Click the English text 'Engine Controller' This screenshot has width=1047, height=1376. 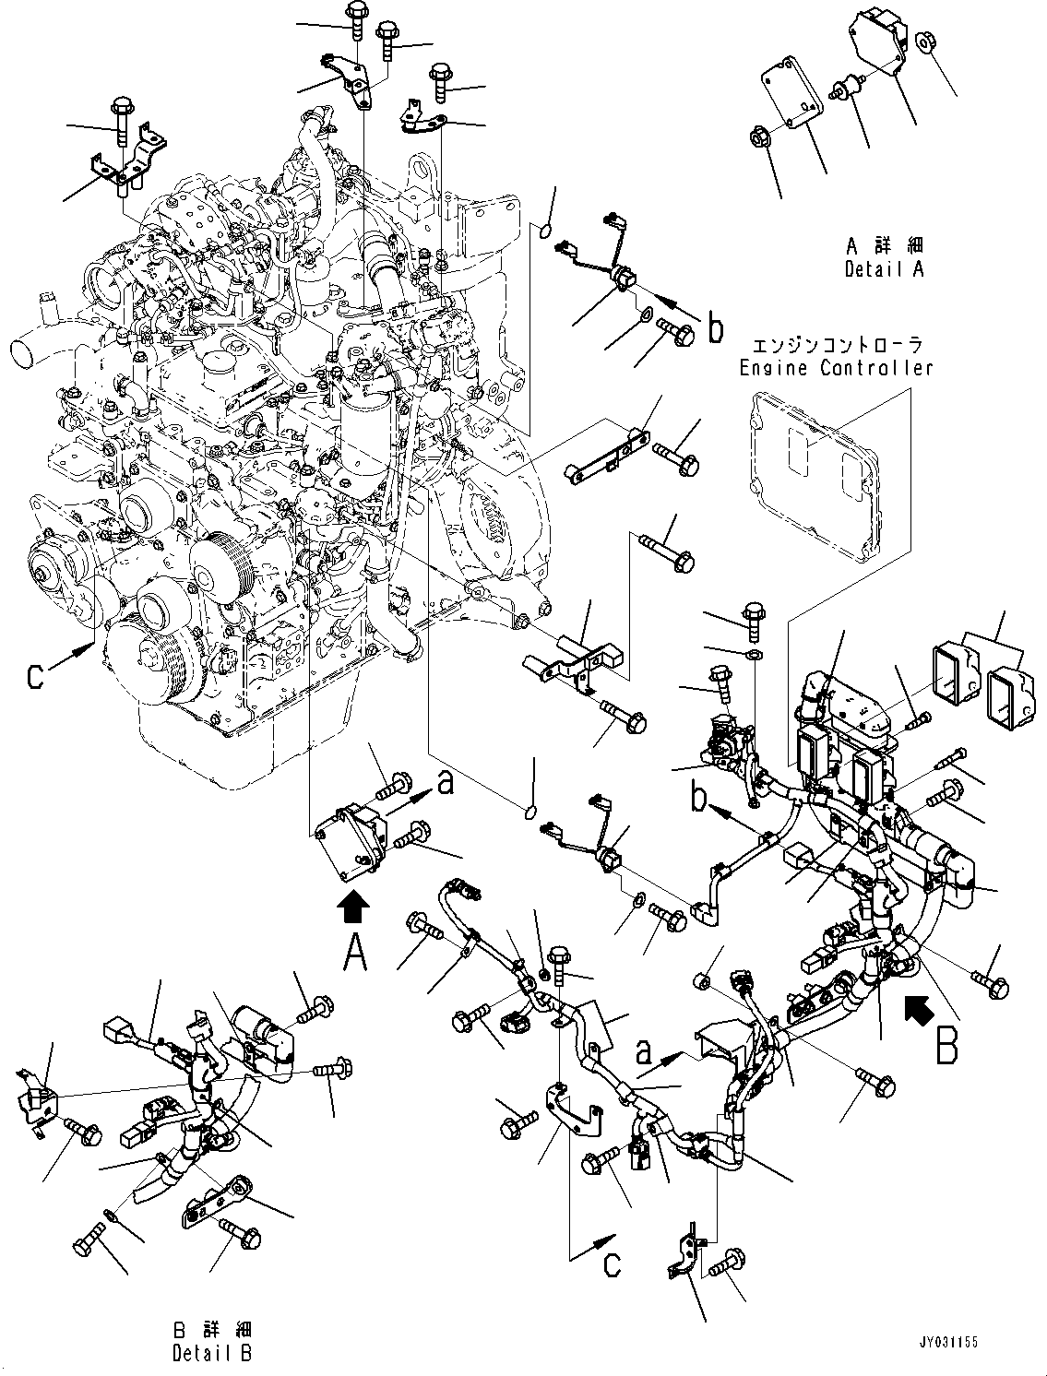coord(836,368)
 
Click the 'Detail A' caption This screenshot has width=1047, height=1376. coord(884,269)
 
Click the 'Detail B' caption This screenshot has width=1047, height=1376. coord(211,1354)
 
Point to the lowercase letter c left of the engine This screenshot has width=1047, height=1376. coord(36,676)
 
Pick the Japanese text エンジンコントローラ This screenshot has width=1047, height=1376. coord(836,346)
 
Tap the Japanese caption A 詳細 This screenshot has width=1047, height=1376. coord(884,247)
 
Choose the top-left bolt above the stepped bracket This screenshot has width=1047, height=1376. coord(122,118)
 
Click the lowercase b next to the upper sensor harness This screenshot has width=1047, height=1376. coord(715,329)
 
